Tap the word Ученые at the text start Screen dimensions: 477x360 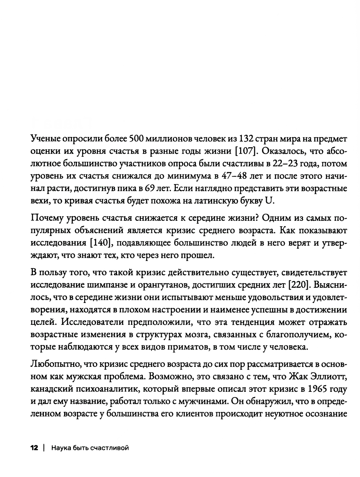45,139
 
